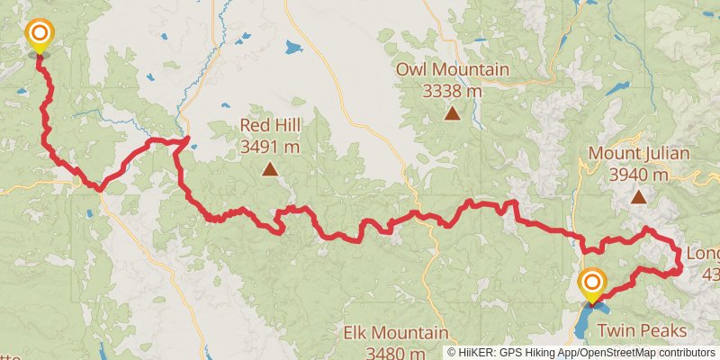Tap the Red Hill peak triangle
point(269,168)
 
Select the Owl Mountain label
point(453,70)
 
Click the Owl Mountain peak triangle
point(453,113)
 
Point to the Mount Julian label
point(639,154)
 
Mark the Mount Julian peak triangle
point(638,196)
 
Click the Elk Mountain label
point(395,333)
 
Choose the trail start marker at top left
point(40,37)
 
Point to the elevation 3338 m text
point(453,90)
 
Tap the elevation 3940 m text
point(639,174)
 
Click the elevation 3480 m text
point(396,352)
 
